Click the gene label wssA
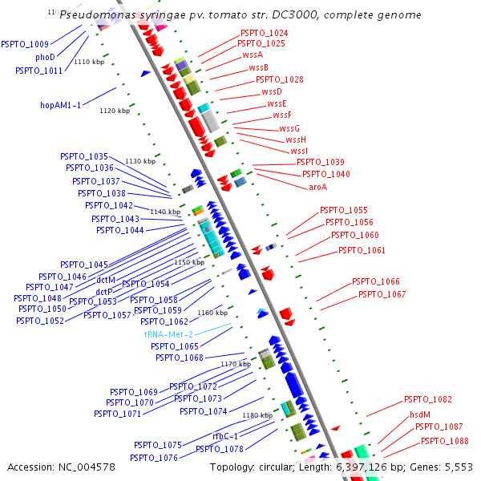click(253, 55)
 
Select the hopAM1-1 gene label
click(60, 105)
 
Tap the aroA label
click(317, 187)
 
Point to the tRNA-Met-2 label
click(168, 334)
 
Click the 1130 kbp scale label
click(140, 161)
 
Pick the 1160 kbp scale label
click(212, 313)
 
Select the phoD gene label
click(45, 57)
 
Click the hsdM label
click(420, 414)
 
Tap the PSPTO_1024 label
click(264, 33)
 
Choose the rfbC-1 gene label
click(225, 436)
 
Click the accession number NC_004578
click(87, 467)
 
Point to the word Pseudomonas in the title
click(98, 14)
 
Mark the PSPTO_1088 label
click(444, 441)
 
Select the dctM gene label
click(106, 280)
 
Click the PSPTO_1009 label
click(25, 44)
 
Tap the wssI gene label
click(299, 151)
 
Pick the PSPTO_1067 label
click(382, 294)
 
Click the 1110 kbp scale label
click(89, 62)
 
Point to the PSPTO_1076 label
click(154, 458)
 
